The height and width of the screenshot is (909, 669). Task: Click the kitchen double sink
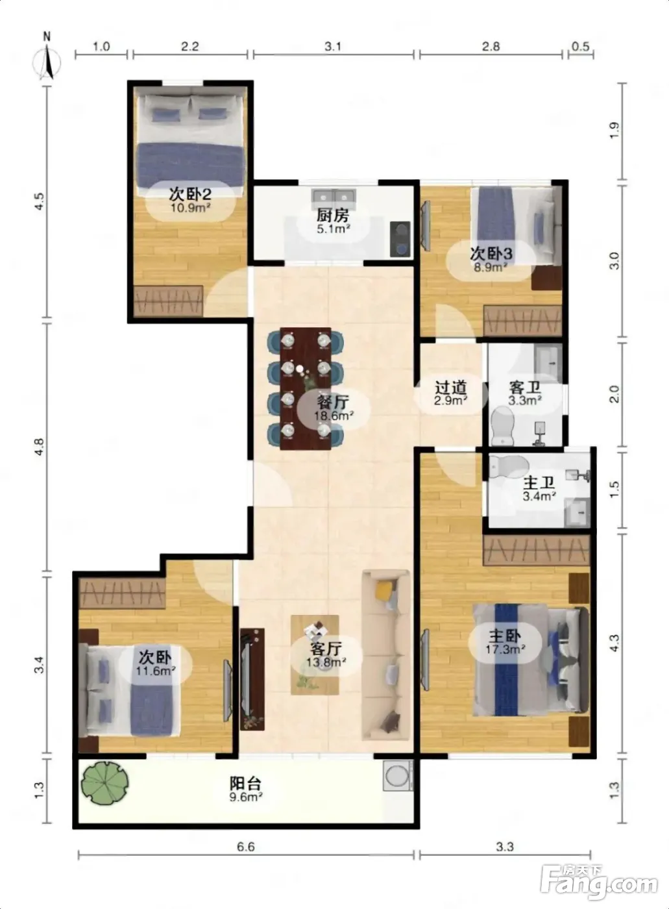coord(335,197)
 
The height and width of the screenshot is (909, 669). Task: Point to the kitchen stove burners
coord(400,240)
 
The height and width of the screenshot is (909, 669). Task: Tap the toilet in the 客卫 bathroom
coord(502,426)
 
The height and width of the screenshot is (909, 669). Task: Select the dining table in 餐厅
coord(306,388)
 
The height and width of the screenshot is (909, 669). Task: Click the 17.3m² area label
coord(505,649)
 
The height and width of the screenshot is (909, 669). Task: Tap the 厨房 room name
coord(333,216)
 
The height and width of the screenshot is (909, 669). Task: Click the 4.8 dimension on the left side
coord(40,447)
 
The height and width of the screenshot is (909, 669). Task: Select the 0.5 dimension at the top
coord(581,46)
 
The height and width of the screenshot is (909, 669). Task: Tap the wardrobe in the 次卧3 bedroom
coord(523,321)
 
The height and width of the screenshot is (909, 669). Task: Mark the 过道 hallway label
coord(451,388)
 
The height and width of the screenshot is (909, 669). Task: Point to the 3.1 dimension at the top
coord(333,46)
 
